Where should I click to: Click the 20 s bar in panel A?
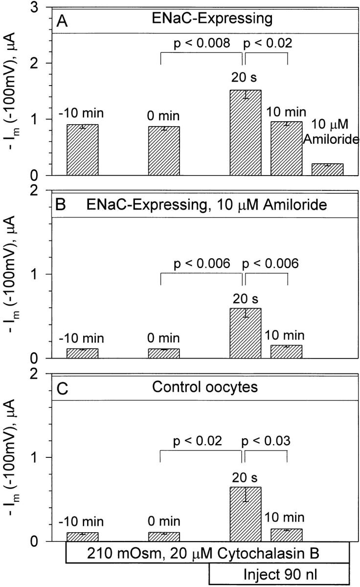[x=246, y=133]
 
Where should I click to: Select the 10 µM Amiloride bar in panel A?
[x=327, y=169]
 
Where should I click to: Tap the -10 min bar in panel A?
[x=82, y=150]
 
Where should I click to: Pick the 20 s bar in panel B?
[x=246, y=333]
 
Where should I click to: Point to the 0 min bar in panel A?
[x=164, y=151]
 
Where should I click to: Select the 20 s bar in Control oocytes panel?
[x=246, y=514]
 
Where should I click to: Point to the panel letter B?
[x=62, y=205]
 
